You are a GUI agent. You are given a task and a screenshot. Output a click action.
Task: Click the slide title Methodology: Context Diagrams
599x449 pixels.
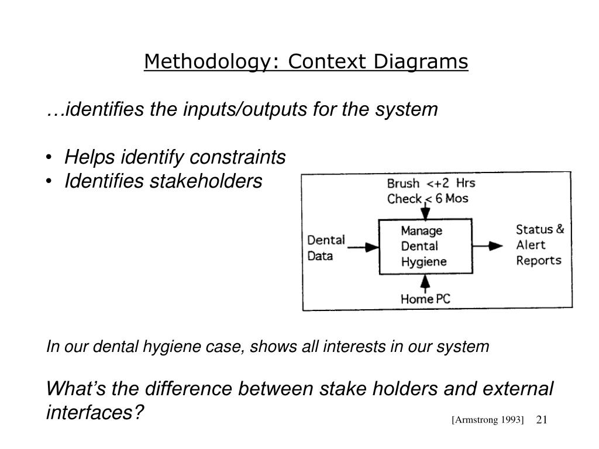(x=307, y=61)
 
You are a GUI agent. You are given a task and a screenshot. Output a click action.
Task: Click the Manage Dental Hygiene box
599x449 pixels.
(x=425, y=246)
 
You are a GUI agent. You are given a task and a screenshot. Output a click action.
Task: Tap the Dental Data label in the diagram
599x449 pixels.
(x=326, y=248)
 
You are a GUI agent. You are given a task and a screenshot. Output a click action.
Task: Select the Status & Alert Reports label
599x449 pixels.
(x=539, y=244)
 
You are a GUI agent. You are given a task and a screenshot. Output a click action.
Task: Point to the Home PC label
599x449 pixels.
(x=425, y=299)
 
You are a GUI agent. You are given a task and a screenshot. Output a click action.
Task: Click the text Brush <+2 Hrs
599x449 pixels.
(x=431, y=184)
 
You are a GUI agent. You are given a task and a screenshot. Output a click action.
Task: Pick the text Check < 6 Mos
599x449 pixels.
(x=428, y=199)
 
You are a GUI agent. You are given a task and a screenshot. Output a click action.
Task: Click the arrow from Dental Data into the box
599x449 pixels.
(x=363, y=247)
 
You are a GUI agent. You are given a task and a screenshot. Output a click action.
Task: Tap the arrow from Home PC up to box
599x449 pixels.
(x=425, y=282)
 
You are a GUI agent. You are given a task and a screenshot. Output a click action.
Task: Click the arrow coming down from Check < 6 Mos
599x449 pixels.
(x=425, y=210)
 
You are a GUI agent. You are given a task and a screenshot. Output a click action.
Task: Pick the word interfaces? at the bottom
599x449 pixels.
(x=95, y=413)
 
